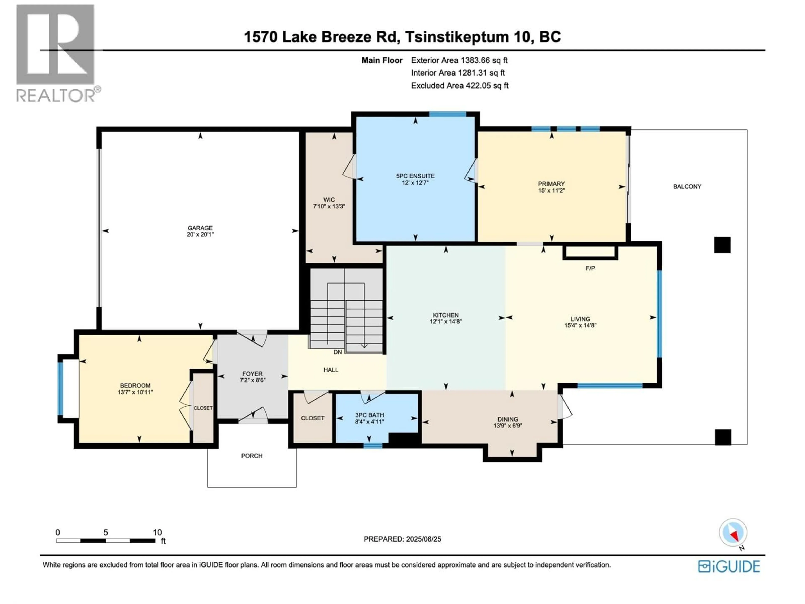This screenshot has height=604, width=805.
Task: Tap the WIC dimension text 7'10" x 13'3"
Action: click(x=329, y=206)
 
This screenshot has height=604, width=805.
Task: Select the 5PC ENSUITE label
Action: click(x=415, y=176)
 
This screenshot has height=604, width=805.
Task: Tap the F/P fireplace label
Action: click(x=590, y=268)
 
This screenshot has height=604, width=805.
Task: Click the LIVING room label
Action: click(x=580, y=319)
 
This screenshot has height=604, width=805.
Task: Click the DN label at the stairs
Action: click(x=337, y=352)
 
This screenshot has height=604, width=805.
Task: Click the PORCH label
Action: click(x=252, y=456)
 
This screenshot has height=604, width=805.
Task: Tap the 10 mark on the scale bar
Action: click(x=157, y=532)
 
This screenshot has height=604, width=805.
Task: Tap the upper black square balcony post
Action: click(x=722, y=245)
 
